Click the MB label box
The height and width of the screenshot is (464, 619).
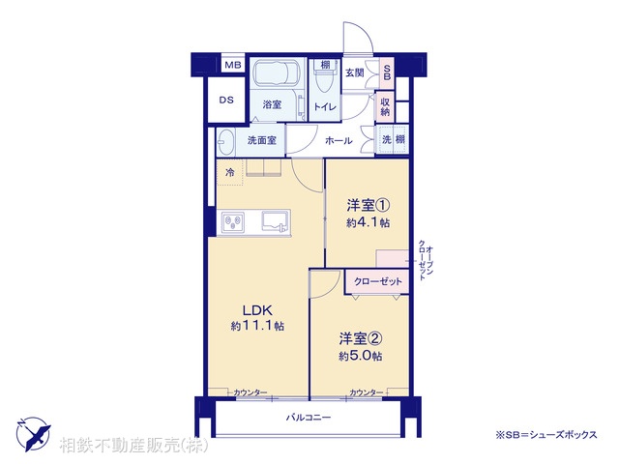pyautogui.click(x=232, y=65)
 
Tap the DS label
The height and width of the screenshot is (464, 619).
pyautogui.click(x=225, y=100)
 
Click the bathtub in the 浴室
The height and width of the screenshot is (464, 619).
pyautogui.click(x=278, y=73)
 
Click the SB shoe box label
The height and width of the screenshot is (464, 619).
pyautogui.click(x=387, y=72)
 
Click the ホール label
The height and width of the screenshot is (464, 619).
pyautogui.click(x=339, y=141)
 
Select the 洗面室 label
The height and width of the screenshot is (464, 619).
pyautogui.click(x=261, y=140)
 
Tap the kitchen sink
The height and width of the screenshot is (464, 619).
pyautogui.click(x=275, y=222)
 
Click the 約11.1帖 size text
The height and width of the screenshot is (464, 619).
pyautogui.click(x=257, y=327)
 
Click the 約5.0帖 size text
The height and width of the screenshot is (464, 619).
pyautogui.click(x=360, y=356)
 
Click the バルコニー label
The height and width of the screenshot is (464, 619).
pyautogui.click(x=309, y=417)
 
